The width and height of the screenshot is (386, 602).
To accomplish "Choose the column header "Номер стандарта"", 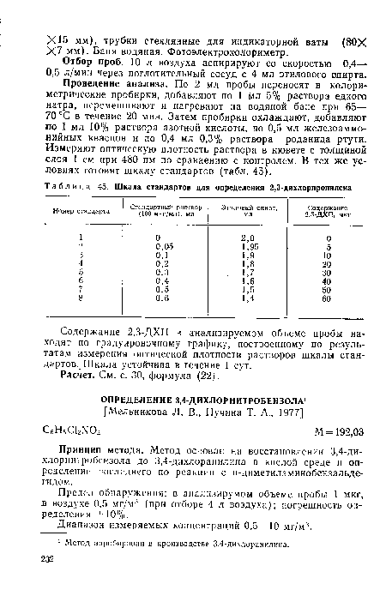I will coord(81,210).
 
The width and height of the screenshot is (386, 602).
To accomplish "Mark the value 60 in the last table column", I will coord(327,299).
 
